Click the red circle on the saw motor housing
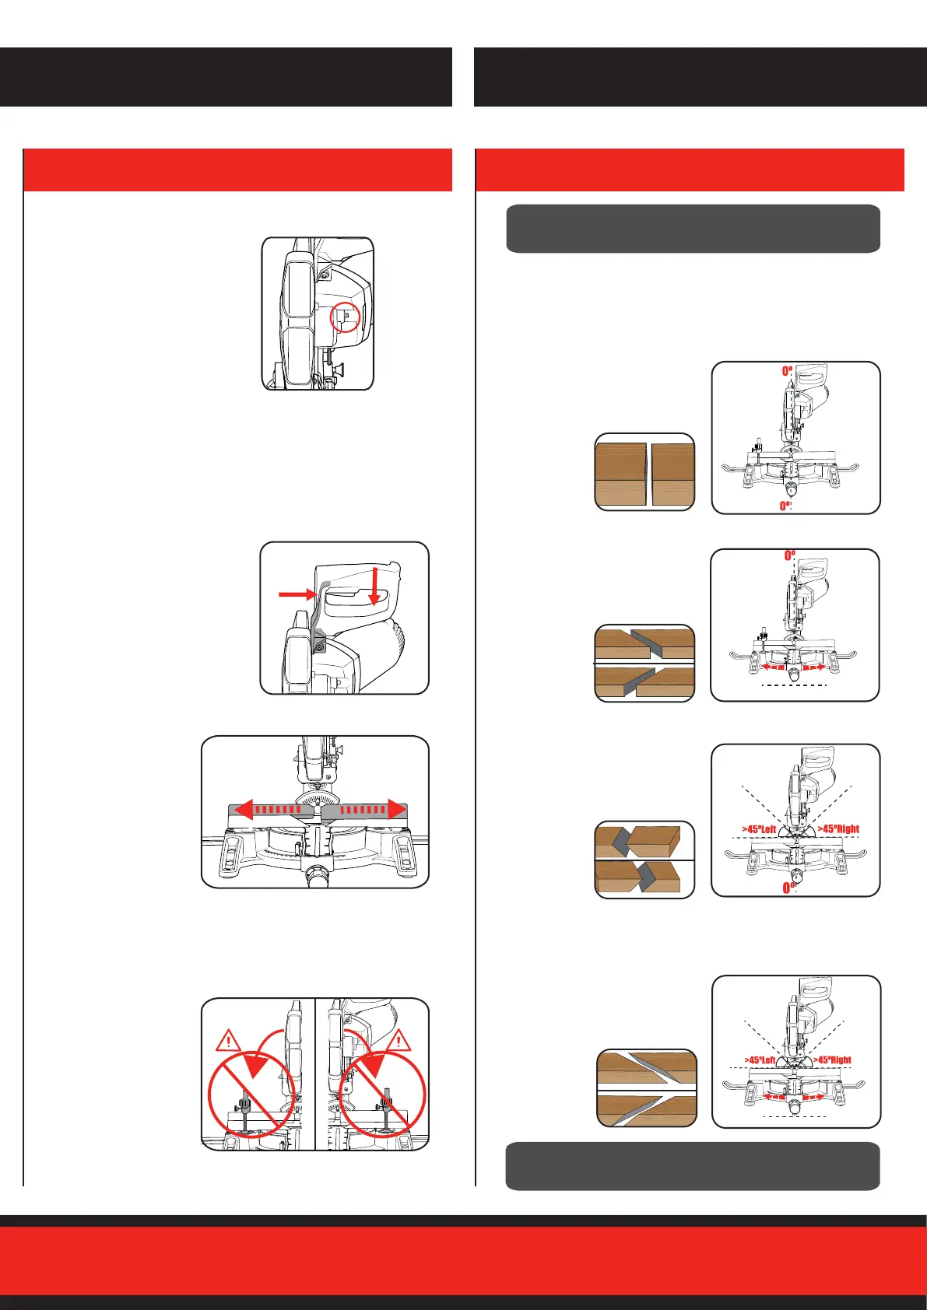346,317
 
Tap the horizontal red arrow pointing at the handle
296,595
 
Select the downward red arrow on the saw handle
374,587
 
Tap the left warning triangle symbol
230,1041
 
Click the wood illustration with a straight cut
644,472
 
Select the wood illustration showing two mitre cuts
644,663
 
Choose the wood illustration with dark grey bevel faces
644,860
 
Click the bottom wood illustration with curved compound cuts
647,1088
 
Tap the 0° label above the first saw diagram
788,372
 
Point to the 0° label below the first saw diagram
786,506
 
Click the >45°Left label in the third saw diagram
758,829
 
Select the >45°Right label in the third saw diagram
837,829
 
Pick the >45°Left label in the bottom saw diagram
760,1060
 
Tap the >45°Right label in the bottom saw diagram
832,1060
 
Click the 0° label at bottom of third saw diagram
788,888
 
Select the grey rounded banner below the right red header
693,229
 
